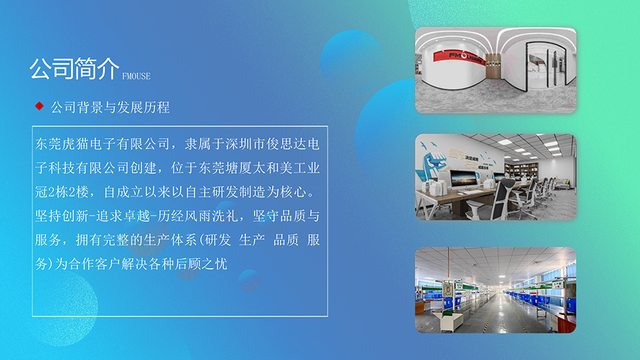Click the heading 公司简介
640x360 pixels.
point(74,69)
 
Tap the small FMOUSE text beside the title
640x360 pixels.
point(136,76)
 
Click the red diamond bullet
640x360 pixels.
point(39,106)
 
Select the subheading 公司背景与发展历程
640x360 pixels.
point(110,107)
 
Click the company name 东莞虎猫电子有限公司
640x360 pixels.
point(103,144)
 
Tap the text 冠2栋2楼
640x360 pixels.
point(62,192)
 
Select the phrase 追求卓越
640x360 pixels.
point(123,216)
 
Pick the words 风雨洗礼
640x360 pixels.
point(211,216)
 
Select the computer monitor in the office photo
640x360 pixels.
point(463,179)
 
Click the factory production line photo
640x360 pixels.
point(495,290)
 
